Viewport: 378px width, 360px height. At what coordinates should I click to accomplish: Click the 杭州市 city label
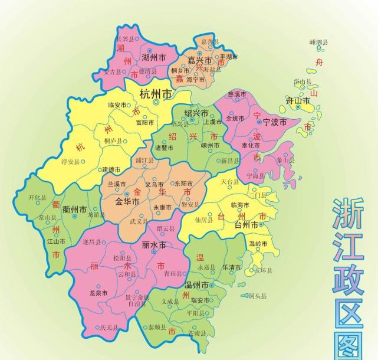[x=156, y=94]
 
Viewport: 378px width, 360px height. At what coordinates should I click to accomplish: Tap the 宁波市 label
[x=274, y=122]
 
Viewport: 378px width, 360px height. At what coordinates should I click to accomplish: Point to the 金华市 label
[x=127, y=202]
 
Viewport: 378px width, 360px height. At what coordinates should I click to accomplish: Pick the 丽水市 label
[x=154, y=245]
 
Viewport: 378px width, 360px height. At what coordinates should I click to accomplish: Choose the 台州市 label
[x=246, y=225]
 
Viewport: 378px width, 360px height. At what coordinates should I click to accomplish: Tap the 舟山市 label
[x=298, y=101]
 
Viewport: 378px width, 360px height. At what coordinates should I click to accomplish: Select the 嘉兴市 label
[x=199, y=60]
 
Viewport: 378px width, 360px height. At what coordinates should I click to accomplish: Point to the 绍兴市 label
[x=196, y=113]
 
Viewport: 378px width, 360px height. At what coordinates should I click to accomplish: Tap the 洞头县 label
[x=257, y=296]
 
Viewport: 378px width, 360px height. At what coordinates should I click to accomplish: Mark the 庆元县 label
[x=109, y=326]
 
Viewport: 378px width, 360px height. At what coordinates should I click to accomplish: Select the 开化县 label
[x=37, y=199]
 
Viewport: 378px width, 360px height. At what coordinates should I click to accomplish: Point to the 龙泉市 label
[x=98, y=293]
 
